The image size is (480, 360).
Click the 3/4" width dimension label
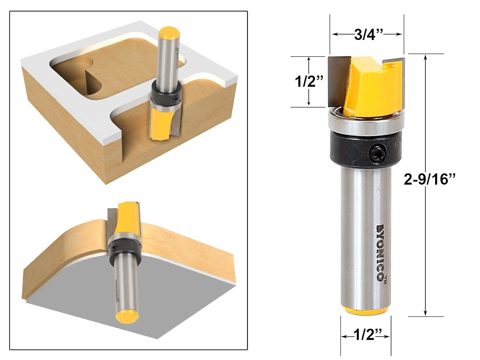369,34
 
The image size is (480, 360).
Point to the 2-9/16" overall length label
429,179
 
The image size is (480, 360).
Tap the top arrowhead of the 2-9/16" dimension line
425,57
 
